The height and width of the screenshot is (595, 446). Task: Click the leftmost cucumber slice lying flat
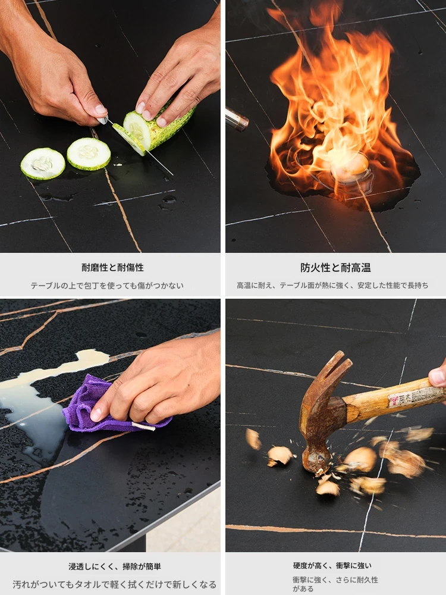tap(43, 164)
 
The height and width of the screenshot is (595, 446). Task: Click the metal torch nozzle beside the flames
tap(236, 119)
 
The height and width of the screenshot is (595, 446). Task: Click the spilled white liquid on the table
tap(42, 402)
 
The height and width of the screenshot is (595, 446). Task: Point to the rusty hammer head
tap(322, 414)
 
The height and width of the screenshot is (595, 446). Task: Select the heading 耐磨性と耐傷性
tap(112, 268)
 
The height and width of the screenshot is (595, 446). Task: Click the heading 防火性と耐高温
tap(335, 268)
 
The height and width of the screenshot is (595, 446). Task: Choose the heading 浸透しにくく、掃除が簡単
tap(115, 566)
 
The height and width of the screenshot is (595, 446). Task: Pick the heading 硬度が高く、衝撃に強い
tap(332, 566)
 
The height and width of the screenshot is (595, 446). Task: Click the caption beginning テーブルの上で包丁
tap(107, 286)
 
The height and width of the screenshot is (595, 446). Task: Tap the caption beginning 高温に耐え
tap(332, 286)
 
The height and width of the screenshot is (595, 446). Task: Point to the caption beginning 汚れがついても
tap(115, 584)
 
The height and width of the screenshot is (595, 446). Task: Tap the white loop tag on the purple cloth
tap(143, 427)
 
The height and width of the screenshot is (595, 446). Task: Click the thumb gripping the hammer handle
tap(437, 377)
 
